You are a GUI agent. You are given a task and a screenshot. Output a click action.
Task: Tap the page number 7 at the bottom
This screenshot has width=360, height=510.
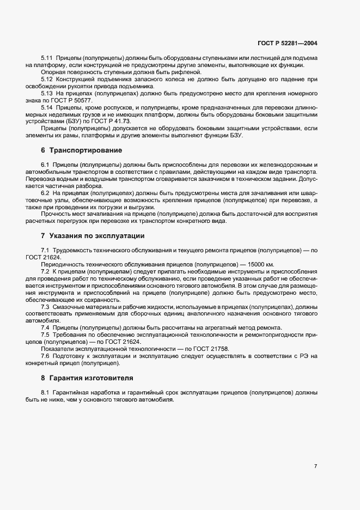(x=316, y=465)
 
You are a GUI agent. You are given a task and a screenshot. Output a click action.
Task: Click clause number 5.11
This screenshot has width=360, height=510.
(x=47, y=58)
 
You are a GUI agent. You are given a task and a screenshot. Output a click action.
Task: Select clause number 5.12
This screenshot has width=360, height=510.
(x=47, y=79)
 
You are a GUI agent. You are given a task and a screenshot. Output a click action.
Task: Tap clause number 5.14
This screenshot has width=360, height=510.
(x=47, y=107)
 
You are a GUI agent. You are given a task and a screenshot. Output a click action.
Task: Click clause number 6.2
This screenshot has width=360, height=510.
(x=45, y=193)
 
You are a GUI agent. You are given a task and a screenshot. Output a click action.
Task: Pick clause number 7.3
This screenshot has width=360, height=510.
(x=45, y=306)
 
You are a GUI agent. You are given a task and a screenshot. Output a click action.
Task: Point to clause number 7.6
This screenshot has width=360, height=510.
(x=45, y=356)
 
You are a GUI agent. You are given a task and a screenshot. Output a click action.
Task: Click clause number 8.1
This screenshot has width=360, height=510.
(x=45, y=392)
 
